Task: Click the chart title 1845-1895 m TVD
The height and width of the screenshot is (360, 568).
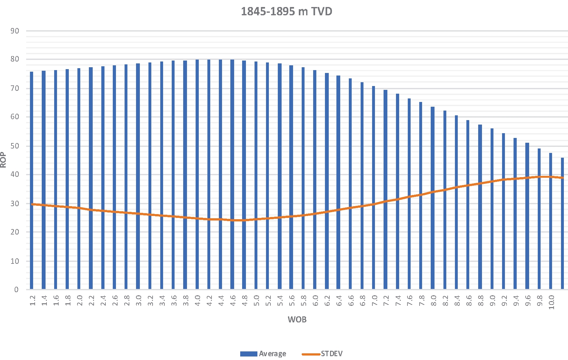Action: [286, 11]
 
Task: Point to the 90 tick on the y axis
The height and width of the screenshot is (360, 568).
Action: [15, 31]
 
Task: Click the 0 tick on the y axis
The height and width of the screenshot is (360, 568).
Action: [16, 290]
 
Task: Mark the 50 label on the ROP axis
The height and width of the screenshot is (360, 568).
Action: [15, 146]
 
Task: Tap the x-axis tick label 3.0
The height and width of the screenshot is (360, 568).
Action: [139, 300]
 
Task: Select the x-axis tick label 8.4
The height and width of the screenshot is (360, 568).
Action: [457, 300]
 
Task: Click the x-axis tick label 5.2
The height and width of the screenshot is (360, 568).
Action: [268, 300]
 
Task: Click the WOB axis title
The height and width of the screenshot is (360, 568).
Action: [297, 320]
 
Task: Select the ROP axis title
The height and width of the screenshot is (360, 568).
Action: [4, 160]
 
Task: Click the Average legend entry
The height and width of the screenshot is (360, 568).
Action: [272, 354]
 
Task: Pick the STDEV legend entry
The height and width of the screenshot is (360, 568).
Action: [332, 354]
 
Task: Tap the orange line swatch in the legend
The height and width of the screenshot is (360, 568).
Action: [311, 354]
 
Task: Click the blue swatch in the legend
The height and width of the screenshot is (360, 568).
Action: [248, 354]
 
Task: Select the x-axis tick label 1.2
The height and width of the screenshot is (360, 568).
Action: [32, 300]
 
